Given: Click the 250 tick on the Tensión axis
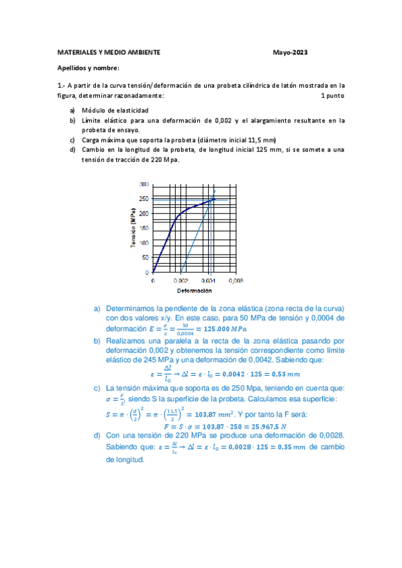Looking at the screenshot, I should coord(144,198).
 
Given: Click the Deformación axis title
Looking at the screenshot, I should coord(194,291).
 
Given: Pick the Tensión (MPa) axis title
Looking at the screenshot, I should coord(134,228).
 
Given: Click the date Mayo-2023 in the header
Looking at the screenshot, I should coord(291,52).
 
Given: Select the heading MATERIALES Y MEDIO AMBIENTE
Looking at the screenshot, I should coord(108,52).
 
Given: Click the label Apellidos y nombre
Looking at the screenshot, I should coord(87,68).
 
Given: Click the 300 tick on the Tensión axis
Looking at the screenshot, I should coord(144,184).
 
